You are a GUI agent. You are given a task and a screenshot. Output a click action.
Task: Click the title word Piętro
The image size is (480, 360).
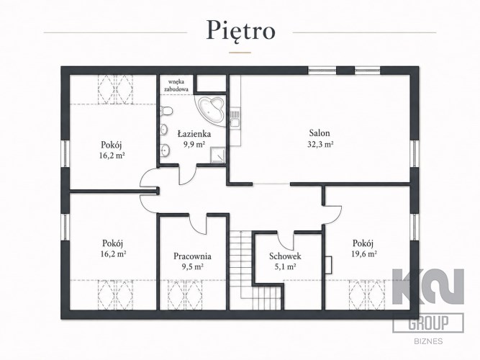coord(241,30)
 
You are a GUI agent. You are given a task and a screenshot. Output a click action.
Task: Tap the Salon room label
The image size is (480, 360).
coord(320,133)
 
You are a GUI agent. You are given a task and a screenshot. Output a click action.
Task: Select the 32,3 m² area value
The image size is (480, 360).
coord(320,144)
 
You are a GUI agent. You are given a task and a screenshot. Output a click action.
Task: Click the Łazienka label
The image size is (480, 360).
coord(194,134)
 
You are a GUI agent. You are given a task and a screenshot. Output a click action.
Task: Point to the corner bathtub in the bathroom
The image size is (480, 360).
coord(212,110)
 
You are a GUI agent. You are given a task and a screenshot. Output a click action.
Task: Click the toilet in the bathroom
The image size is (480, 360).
coord(166,111)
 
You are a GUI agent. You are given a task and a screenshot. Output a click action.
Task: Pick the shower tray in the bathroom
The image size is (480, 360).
coord(218,155)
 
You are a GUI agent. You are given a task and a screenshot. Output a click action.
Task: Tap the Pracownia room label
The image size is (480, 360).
coord(192,256)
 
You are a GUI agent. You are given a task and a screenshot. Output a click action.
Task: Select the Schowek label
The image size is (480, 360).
coord(285,256)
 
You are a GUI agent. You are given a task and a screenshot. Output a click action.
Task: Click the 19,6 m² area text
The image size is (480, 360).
coord(363,254)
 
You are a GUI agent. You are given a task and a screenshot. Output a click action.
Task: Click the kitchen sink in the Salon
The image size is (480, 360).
coord(235,117)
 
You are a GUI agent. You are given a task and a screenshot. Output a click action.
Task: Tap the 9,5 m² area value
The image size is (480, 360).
coord(193,266)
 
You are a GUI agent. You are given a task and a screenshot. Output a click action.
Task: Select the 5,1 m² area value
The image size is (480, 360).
coord(285,266)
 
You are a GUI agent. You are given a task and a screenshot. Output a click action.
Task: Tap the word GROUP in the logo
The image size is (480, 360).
coord(428,323)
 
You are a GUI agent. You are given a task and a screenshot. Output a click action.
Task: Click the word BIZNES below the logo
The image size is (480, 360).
coord(428,341)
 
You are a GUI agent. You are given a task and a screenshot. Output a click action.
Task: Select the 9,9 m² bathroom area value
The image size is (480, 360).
coord(194,144)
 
